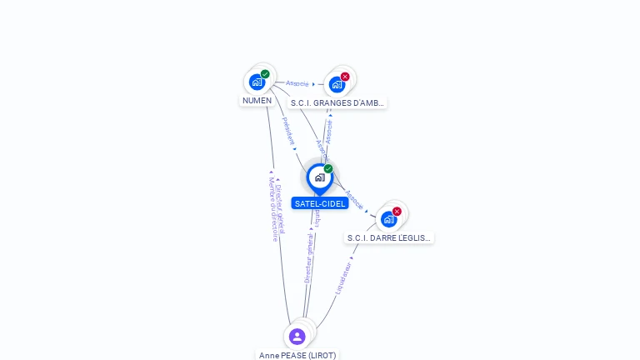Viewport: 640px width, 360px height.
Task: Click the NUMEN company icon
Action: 257,82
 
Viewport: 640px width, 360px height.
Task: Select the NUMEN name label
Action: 257,100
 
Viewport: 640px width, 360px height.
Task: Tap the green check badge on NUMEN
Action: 265,74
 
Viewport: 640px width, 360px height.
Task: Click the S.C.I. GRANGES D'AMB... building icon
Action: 337,84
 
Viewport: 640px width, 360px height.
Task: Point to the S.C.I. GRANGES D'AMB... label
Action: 337,103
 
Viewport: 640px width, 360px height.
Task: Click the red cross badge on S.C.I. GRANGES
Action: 345,77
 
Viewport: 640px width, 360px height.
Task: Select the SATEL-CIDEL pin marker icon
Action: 319,177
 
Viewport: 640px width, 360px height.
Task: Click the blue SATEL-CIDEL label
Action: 320,203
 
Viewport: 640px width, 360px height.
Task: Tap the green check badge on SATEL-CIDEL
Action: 328,169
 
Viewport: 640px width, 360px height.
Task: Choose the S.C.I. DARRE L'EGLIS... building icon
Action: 388,219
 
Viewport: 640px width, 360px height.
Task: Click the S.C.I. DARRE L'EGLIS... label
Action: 389,237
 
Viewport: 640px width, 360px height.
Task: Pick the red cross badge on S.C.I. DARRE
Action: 397,212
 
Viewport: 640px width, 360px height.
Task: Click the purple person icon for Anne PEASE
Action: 297,337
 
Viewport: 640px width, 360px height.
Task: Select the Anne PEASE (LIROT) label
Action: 297,355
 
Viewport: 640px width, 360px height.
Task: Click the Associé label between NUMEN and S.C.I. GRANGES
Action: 297,83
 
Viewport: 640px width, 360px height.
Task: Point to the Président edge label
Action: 287,131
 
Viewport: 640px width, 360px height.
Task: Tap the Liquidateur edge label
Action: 342,277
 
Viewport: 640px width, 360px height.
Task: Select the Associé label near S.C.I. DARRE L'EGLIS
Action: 354,199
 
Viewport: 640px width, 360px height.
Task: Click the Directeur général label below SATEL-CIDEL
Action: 308,258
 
